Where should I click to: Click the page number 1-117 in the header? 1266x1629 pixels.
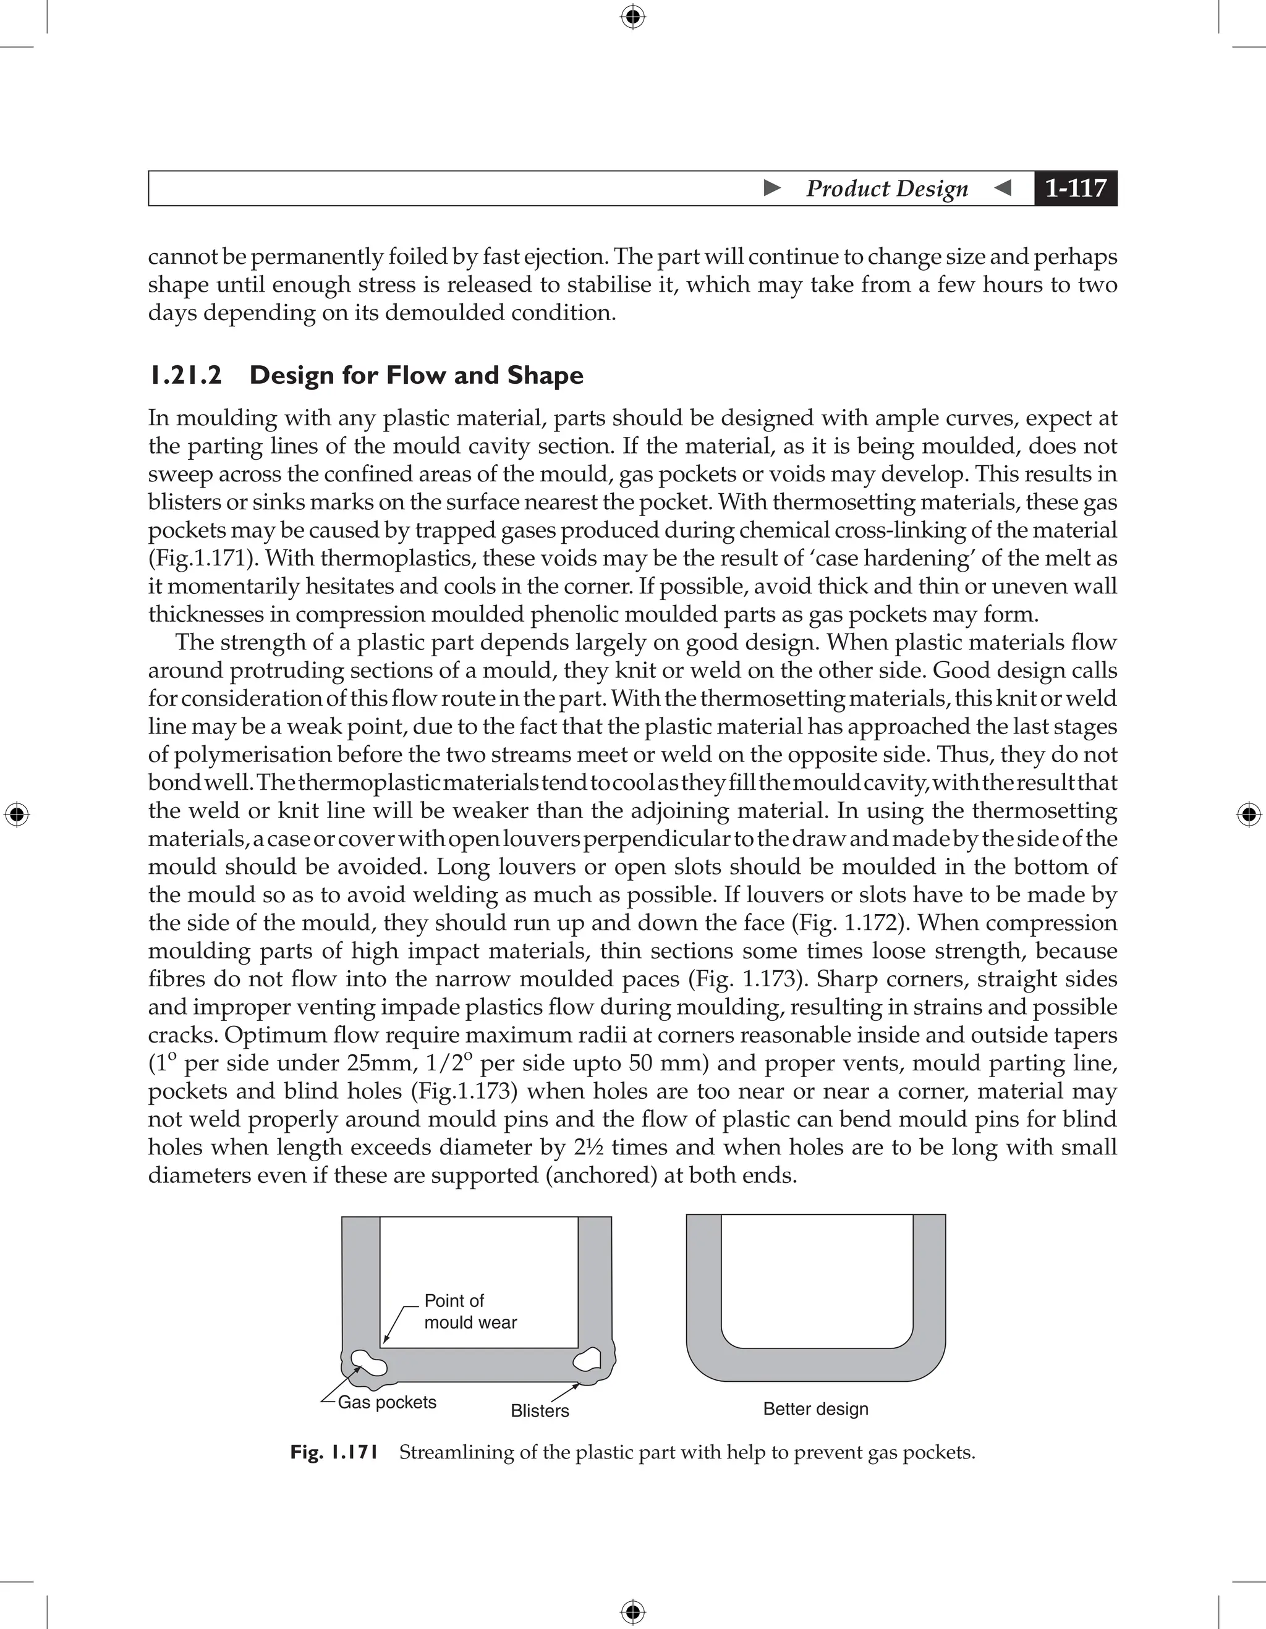pos(1075,188)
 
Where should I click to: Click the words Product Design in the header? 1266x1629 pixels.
pos(886,188)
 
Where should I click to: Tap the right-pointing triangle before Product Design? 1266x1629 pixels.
pos(772,188)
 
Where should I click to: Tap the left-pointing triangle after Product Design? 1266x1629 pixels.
pos(1003,188)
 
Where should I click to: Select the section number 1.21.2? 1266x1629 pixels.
pos(185,375)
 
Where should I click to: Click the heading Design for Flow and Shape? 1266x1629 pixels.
pos(415,375)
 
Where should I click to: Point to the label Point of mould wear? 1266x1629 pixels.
pos(469,1311)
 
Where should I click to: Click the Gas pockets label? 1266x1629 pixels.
pos(386,1402)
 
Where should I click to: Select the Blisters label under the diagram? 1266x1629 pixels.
pos(540,1410)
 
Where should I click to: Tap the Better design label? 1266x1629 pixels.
pos(815,1409)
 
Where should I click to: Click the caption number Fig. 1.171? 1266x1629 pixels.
pos(334,1452)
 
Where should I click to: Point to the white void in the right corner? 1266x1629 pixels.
pos(587,1360)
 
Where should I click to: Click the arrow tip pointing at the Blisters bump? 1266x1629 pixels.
pos(578,1384)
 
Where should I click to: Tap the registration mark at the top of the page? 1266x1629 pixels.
pos(632,17)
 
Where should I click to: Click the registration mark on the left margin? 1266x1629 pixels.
pos(17,814)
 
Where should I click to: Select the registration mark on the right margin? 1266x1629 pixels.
pos(1249,814)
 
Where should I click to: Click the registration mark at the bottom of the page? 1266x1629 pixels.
pos(632,1612)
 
